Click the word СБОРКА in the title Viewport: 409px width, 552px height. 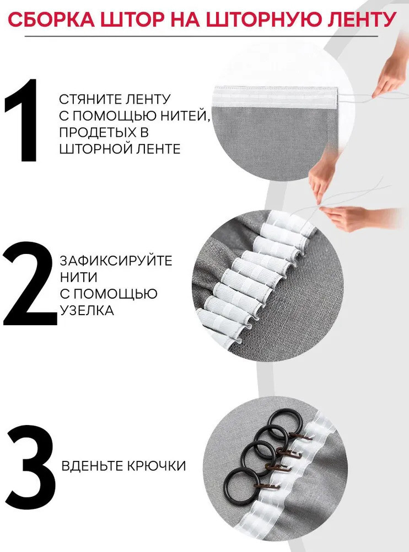point(51,19)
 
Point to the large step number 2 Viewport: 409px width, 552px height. point(30,284)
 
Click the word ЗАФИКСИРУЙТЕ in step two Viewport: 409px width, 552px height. point(116,261)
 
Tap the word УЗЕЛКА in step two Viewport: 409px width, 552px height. point(87,310)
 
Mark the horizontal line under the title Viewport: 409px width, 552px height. point(201,36)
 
